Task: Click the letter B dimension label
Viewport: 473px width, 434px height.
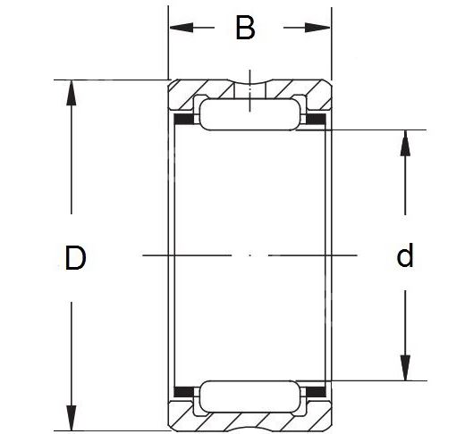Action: tap(245, 28)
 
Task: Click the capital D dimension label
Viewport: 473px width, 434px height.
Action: tap(75, 257)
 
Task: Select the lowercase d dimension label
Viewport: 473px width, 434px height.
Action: tap(404, 255)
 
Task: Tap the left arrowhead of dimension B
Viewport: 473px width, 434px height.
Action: tap(182, 28)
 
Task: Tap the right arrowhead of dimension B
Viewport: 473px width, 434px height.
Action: tap(318, 28)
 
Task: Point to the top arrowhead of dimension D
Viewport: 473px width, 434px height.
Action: tap(72, 93)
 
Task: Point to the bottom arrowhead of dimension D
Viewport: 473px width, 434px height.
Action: tap(72, 418)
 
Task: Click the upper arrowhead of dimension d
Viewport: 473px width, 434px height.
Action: tap(405, 143)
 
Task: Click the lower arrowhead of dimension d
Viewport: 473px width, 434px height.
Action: tap(405, 368)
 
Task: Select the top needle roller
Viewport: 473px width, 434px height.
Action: tap(249, 114)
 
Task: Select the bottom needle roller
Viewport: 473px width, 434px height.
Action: tap(249, 396)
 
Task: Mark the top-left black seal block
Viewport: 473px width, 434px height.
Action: tap(184, 119)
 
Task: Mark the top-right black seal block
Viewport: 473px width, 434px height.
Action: tap(317, 119)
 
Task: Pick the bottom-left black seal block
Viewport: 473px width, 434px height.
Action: tap(184, 392)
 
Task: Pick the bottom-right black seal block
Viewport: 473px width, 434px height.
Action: tap(317, 392)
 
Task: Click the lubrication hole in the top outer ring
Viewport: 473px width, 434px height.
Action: tap(249, 90)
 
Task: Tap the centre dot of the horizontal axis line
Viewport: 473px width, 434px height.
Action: tap(250, 255)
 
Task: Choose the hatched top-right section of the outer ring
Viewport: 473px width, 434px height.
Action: tap(300, 90)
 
